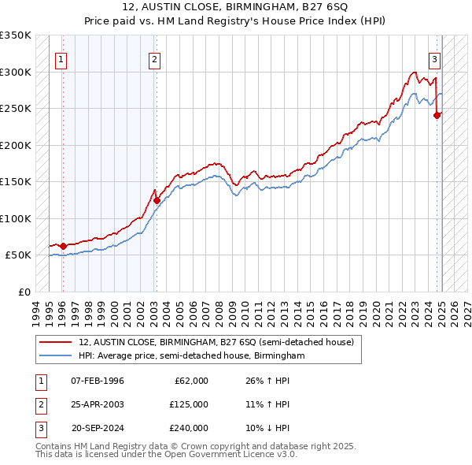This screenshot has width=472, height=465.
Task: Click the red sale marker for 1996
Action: [63, 246]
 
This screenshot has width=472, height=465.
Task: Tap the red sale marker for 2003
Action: [157, 200]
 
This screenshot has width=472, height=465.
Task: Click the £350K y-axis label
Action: [16, 35]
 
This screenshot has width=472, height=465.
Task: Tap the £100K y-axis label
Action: [16, 218]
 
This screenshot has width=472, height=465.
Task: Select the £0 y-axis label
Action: [24, 292]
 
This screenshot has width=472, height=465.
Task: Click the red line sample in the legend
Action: [55, 343]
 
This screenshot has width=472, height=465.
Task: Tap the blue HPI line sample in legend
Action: [55, 356]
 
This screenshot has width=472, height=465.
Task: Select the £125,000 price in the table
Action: [189, 404]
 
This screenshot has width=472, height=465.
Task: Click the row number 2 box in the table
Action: [39, 404]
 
